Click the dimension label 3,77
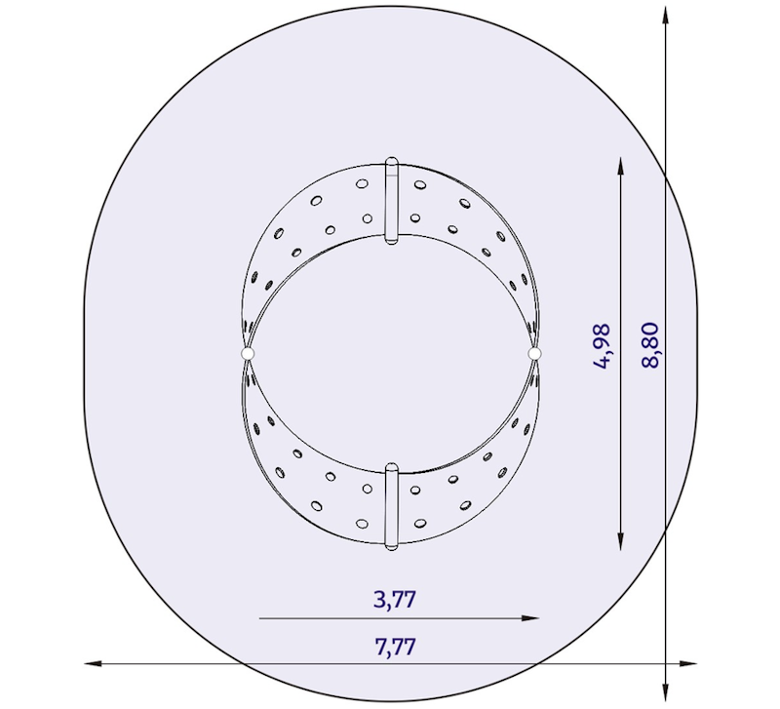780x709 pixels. click(395, 599)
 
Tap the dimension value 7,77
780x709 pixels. click(395, 646)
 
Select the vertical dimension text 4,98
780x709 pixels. click(604, 346)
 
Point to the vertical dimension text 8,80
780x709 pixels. click(650, 346)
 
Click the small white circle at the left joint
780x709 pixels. click(247, 353)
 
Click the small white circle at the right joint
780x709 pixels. click(534, 352)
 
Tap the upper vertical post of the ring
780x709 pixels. click(391, 199)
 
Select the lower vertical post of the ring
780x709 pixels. click(391, 507)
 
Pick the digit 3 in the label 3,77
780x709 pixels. click(379, 599)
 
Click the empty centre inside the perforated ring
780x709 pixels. click(391, 353)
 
